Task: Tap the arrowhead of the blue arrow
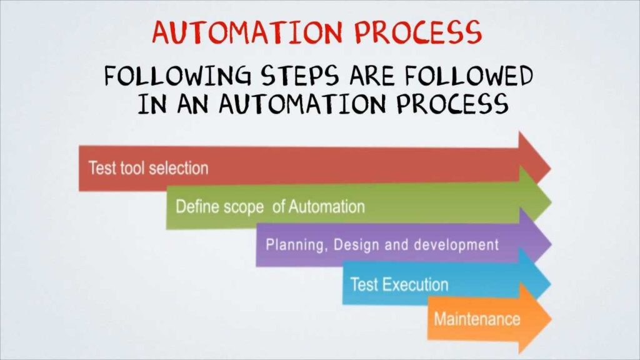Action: [x=536, y=282]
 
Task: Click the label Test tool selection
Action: [x=148, y=168]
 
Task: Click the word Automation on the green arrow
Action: [x=326, y=206]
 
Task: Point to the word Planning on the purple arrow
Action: [x=294, y=245]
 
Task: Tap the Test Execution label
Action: [x=399, y=285]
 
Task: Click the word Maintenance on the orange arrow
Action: [x=476, y=319]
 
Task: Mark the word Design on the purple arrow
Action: [x=356, y=245]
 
